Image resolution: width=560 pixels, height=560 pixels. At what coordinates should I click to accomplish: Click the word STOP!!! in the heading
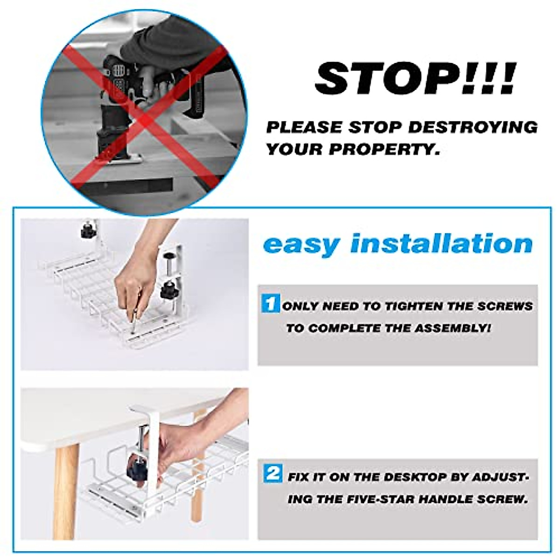point(415,79)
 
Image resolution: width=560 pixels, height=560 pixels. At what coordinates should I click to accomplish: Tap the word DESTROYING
point(477,127)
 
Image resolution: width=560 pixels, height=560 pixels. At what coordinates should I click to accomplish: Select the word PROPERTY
point(384,149)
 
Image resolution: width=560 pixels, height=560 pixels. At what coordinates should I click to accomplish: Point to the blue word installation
point(441,244)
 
